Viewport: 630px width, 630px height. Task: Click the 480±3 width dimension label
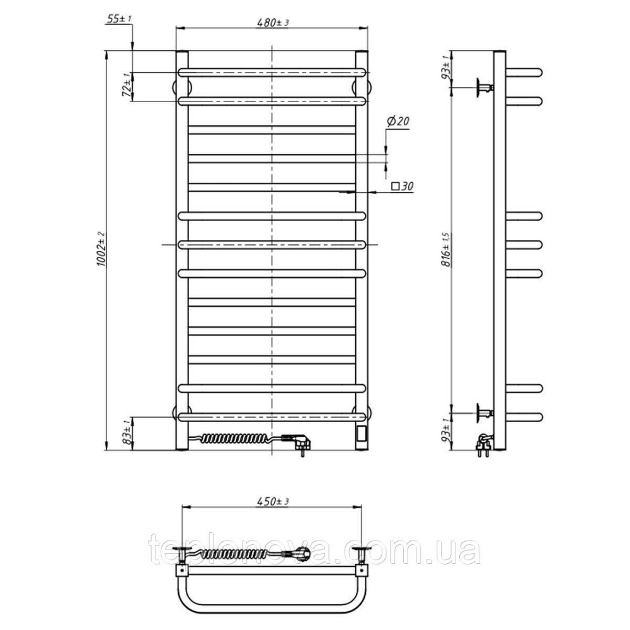coord(273,22)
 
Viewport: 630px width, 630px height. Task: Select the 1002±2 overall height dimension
coord(100,249)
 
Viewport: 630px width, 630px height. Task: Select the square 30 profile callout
coord(403,186)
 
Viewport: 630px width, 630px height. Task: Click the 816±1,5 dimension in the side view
coord(446,249)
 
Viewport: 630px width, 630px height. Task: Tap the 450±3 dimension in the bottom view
coord(273,501)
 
